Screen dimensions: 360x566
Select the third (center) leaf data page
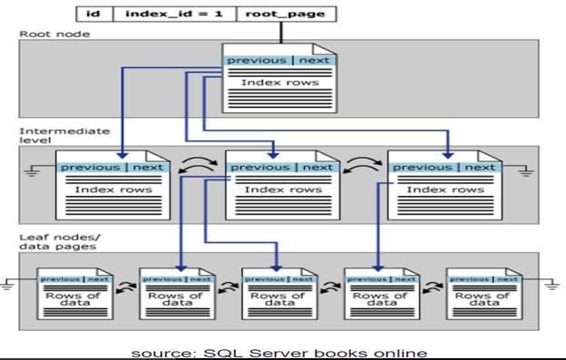277,292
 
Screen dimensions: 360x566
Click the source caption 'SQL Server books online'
278,352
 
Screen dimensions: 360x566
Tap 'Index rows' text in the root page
278,83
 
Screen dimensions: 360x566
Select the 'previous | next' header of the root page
278,61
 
